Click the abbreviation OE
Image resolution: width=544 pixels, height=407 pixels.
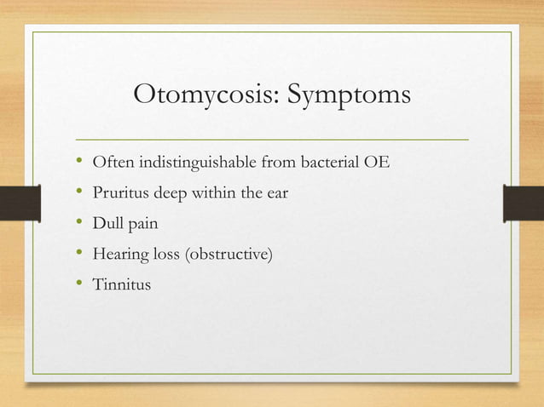[378, 163]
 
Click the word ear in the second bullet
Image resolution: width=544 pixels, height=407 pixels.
[276, 193]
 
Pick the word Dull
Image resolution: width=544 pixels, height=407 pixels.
[107, 224]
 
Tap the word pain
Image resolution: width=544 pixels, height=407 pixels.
[142, 225]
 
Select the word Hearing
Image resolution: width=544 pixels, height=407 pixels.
[119, 255]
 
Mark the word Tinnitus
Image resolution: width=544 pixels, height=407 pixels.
[121, 284]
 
